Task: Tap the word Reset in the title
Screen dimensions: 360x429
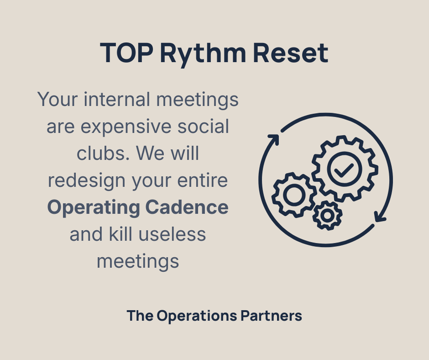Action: (x=290, y=53)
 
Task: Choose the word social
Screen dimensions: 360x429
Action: (x=204, y=126)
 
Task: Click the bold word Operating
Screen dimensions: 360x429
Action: (x=94, y=207)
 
